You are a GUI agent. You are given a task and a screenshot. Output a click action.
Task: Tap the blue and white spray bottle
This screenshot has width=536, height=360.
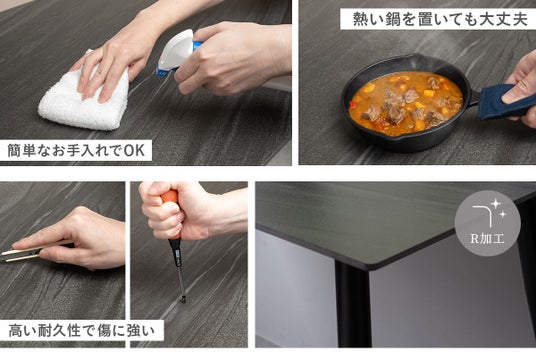[x=177, y=51]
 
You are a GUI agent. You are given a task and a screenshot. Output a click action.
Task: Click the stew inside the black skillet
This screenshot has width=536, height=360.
[x=406, y=102]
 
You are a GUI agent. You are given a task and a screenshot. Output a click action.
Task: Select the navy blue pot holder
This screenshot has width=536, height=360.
[x=503, y=102]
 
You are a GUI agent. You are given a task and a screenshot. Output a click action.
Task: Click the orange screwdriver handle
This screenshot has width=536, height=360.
[x=170, y=213]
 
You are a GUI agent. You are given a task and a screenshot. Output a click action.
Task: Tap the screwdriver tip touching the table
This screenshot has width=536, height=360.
[x=184, y=300]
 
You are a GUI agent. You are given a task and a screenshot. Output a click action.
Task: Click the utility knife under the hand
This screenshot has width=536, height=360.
[x=27, y=253]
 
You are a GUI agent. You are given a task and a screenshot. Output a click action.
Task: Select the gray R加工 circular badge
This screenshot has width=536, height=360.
[x=487, y=223]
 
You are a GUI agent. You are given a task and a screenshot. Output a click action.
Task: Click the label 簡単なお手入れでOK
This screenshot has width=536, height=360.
[x=76, y=150]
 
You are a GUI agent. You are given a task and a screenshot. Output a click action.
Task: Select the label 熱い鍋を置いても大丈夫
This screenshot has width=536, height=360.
[x=440, y=19]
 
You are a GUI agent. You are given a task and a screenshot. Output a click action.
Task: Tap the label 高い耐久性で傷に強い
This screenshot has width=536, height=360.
[x=81, y=331]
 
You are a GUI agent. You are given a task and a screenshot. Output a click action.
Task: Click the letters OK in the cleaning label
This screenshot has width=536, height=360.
[x=134, y=150]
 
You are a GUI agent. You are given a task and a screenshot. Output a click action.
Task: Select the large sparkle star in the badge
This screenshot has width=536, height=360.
[x=495, y=204]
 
